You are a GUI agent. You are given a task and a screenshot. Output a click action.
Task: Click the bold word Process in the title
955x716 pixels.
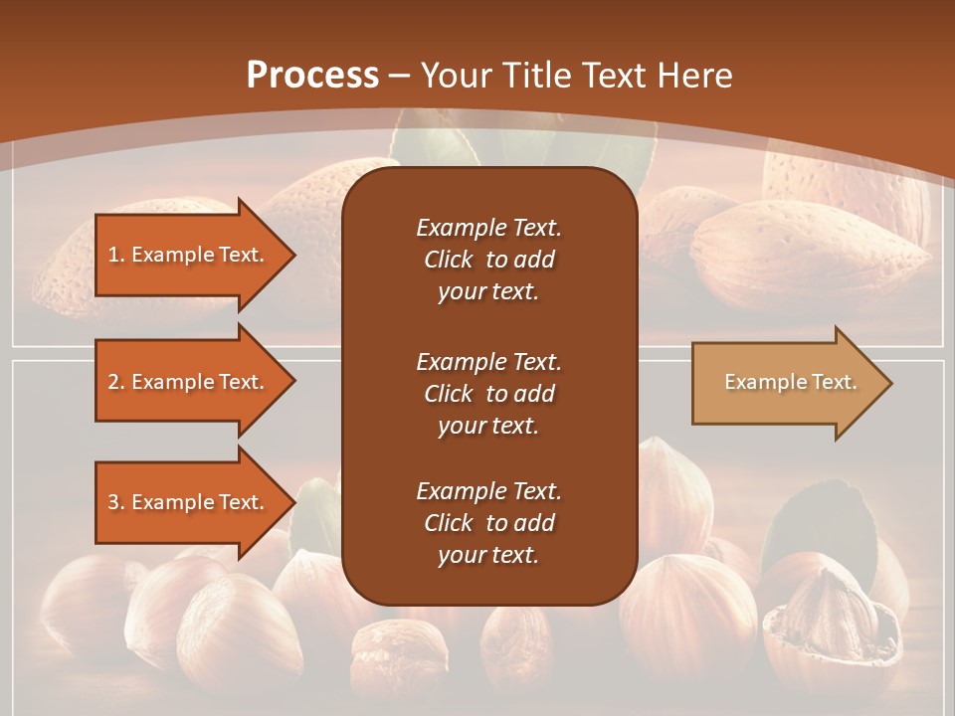(x=312, y=76)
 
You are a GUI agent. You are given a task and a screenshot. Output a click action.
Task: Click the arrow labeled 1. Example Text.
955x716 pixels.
(x=189, y=255)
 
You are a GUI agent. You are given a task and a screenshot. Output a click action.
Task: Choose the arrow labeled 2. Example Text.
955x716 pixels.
(x=189, y=382)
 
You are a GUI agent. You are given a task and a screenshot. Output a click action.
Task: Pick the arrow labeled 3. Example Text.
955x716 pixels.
(x=189, y=502)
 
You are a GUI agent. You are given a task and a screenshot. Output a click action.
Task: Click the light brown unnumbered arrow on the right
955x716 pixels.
(x=786, y=382)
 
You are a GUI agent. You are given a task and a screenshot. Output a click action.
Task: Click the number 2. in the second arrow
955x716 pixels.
(x=115, y=382)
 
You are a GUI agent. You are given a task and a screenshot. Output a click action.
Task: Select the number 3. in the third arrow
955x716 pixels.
(x=115, y=502)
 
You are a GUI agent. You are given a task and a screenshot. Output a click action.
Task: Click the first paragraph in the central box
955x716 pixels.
(x=488, y=260)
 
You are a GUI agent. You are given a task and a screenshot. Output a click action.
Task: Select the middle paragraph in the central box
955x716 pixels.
(x=488, y=394)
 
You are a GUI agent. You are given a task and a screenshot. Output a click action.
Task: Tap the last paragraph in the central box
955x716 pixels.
(x=488, y=523)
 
